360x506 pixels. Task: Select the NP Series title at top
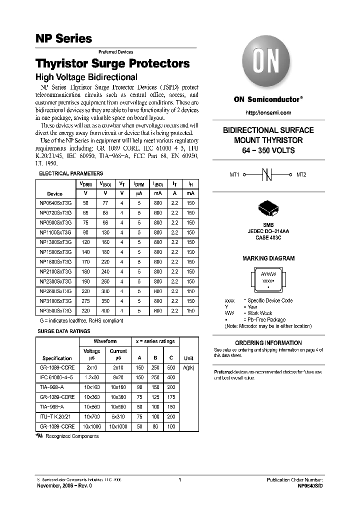(63, 38)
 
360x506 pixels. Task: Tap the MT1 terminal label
(234, 175)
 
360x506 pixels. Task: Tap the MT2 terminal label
(301, 175)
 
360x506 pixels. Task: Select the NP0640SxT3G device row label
(55, 202)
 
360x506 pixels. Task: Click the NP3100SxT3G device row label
(55, 301)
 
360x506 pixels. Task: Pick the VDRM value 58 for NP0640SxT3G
(85, 202)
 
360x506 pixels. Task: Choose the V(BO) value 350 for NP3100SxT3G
(104, 301)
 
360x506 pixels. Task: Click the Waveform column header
(105, 341)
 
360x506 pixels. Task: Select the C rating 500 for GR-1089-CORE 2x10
(171, 367)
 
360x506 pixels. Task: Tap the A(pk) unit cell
(188, 367)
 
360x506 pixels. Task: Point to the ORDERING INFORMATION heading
(268, 343)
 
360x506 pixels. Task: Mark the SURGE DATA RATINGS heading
(64, 331)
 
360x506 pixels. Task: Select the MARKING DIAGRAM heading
(268, 258)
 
